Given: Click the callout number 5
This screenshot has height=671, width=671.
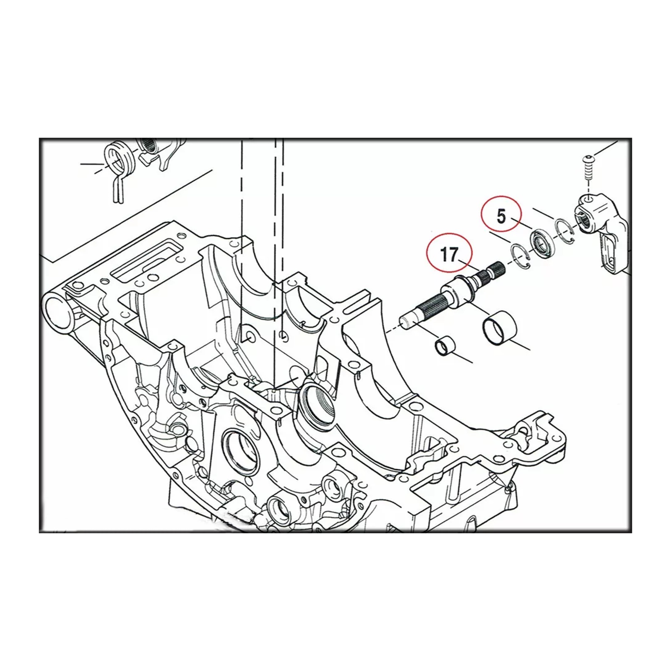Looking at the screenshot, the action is pyautogui.click(x=502, y=217).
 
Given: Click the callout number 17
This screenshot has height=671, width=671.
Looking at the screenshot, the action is pyautogui.click(x=449, y=254).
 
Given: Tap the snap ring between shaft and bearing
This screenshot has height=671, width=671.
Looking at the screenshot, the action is pyautogui.click(x=520, y=254).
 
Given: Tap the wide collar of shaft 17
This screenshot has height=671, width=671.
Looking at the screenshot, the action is pyautogui.click(x=458, y=291).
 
